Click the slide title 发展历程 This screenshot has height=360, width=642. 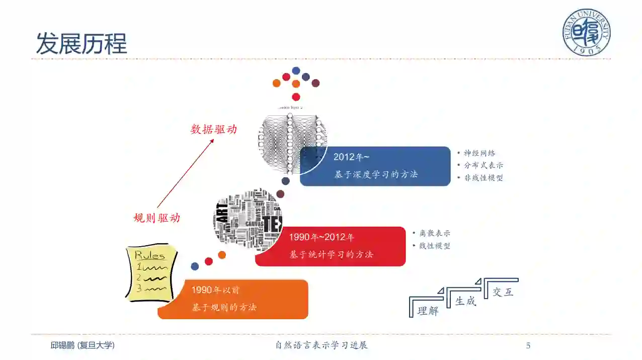coord(82,43)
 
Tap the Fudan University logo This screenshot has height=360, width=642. coord(586,32)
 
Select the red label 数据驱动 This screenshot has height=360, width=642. coord(213,129)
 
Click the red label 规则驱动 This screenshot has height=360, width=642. coord(156,218)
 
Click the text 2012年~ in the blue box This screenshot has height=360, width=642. coord(351,157)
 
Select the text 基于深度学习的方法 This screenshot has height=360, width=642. coord(376,174)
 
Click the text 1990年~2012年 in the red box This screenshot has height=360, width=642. coord(322,237)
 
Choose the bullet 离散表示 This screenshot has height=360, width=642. coord(434,233)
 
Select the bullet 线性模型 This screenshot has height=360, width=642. coord(434,246)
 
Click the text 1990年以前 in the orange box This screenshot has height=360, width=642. coord(215,290)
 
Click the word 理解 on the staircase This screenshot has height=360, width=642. coord(428,311)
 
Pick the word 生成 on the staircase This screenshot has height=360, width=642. coord(465,301)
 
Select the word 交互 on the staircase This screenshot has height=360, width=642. coord(503,292)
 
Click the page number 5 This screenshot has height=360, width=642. coord(528,345)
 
